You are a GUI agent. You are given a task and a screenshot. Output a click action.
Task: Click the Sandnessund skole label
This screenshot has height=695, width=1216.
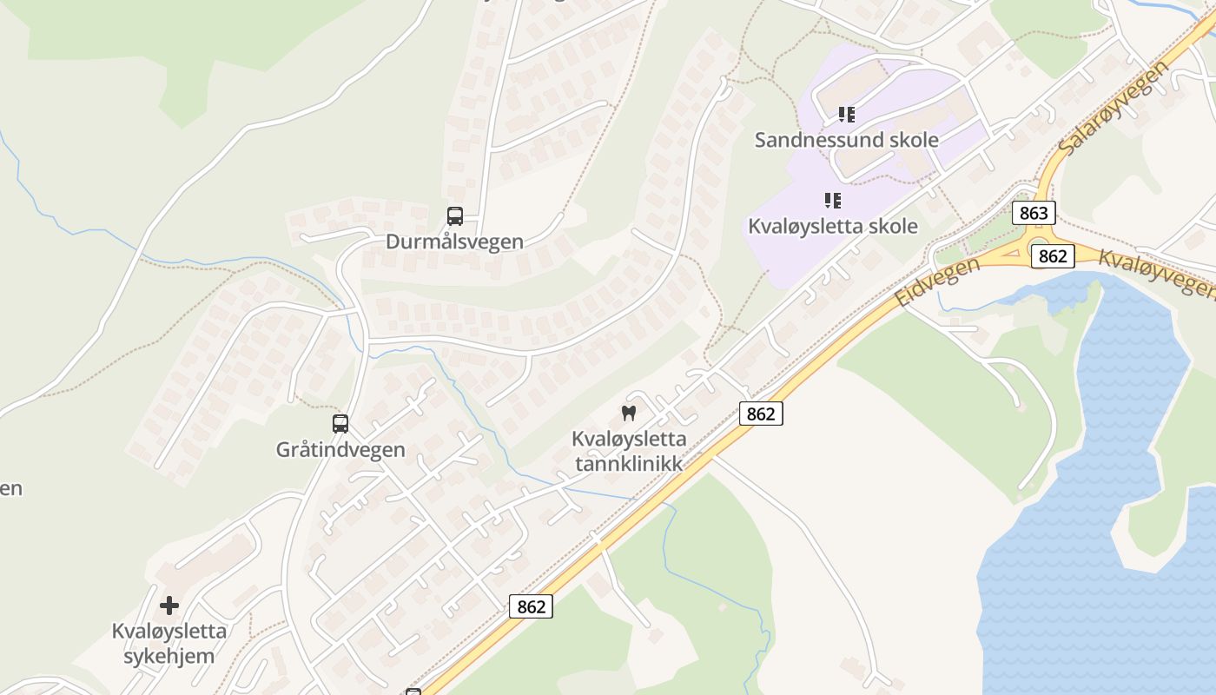point(846,140)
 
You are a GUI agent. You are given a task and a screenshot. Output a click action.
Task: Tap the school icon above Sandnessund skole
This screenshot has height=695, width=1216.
point(846,115)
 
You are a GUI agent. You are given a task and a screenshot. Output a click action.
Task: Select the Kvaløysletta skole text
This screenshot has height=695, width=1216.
point(833,226)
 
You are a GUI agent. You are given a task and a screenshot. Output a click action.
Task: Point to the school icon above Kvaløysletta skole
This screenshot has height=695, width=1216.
point(833,202)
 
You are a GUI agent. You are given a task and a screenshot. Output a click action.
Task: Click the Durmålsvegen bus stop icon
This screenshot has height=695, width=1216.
point(455,216)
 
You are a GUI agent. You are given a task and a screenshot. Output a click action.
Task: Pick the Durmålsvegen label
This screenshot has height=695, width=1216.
point(455,242)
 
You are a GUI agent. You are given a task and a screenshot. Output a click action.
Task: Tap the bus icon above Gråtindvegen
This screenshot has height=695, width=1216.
point(340,424)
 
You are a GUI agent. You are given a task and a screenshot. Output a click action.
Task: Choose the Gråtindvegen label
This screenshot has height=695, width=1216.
point(340,449)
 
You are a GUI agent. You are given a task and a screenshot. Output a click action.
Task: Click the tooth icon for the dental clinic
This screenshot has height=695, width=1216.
point(629,414)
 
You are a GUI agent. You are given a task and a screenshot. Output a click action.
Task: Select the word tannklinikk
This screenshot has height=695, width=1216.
point(629,464)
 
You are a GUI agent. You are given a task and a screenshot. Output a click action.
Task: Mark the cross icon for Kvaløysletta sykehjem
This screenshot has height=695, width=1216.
point(169,605)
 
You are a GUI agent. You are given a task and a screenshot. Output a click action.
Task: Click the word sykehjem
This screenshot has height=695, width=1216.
point(169,655)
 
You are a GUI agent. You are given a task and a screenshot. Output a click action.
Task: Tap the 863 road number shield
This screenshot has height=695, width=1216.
point(1034,213)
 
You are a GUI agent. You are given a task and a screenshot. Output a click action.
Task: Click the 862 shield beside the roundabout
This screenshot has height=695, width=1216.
point(1053,256)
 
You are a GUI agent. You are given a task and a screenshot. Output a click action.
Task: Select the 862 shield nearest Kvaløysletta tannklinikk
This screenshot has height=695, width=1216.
point(761,414)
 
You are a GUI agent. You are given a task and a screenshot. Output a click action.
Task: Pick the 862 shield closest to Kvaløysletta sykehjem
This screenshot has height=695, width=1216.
point(531,606)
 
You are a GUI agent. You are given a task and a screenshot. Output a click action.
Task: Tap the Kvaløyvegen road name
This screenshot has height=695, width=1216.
point(1155,271)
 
